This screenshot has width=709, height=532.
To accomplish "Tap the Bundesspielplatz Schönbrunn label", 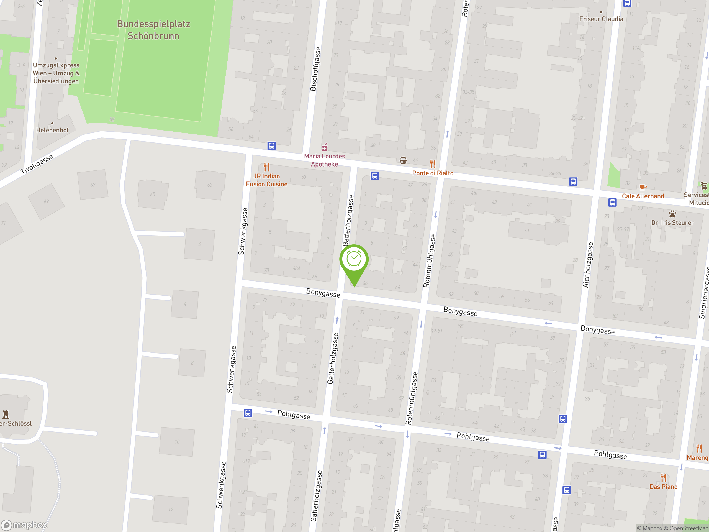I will (x=153, y=30).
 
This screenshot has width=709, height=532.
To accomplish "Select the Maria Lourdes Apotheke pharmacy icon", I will (x=324, y=147).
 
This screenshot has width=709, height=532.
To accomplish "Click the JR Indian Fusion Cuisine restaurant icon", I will (x=266, y=167).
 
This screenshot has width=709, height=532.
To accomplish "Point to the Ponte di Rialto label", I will (x=433, y=173).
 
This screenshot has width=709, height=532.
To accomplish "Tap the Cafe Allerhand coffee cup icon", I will (x=643, y=187).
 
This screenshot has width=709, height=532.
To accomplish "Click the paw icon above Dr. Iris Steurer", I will (x=672, y=214).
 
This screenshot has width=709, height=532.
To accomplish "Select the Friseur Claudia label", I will (x=601, y=19).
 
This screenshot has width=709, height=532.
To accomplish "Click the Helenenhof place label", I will (x=52, y=130).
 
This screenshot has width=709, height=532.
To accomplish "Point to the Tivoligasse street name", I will (x=37, y=164).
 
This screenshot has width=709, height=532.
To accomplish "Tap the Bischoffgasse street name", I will (x=315, y=69).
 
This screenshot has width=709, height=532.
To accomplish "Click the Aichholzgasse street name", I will (x=588, y=265).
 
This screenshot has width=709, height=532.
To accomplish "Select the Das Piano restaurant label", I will (x=663, y=487).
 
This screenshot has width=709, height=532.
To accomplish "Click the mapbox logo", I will (x=24, y=525).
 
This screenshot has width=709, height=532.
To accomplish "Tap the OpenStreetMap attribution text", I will (x=689, y=528).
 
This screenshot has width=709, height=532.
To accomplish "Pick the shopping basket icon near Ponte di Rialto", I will (x=403, y=160).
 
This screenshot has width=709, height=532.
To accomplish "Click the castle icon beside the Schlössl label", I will (x=6, y=414).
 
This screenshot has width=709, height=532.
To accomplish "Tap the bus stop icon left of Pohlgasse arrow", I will (x=248, y=413).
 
